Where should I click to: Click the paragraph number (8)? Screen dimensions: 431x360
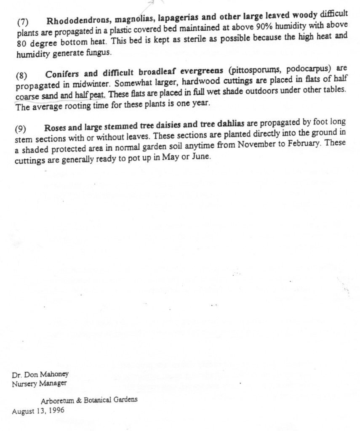pos(21,76)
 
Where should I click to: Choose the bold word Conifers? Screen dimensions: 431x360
pos(62,74)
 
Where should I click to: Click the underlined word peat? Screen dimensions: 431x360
pos(97,95)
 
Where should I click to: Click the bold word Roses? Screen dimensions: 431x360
pos(56,128)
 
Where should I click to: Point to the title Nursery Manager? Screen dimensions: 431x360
pos(39,383)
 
